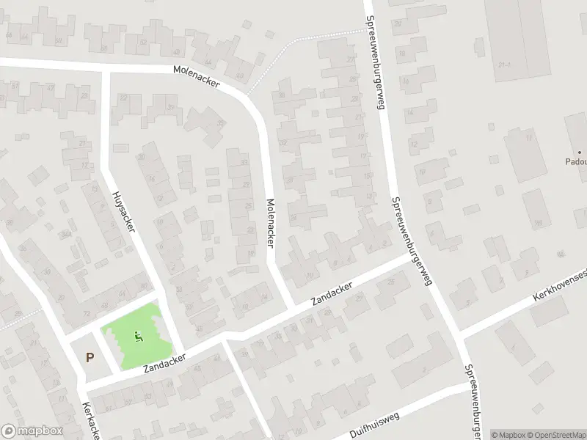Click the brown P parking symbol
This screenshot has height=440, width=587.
(x=90, y=358)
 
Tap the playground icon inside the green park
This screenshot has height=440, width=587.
(x=137, y=337)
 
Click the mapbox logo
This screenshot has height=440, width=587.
(x=31, y=431)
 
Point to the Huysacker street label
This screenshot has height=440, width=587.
(x=124, y=212)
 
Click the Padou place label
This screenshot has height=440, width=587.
(x=575, y=162)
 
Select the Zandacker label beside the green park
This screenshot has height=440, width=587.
(x=164, y=359)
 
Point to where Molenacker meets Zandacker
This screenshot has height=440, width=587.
(x=293, y=304)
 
